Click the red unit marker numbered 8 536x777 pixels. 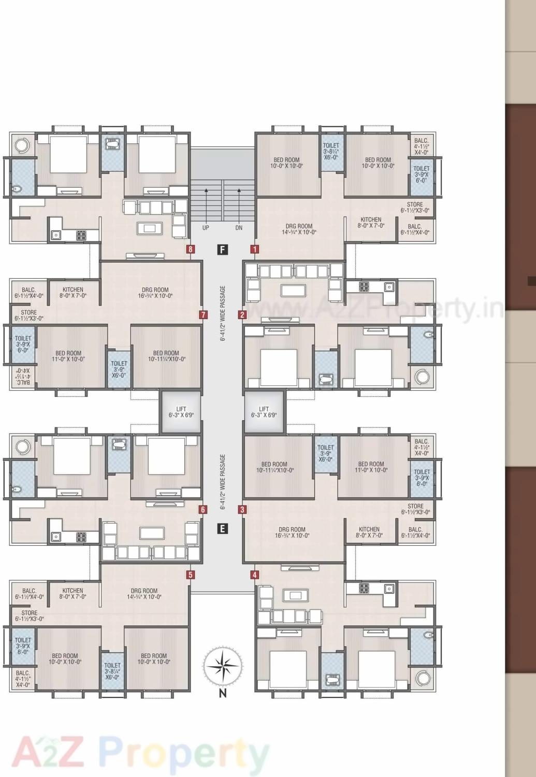(x=191, y=249)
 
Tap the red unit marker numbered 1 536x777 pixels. (x=254, y=249)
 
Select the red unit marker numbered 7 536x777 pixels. (x=204, y=315)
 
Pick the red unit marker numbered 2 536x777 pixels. (x=242, y=315)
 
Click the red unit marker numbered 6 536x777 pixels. (x=203, y=510)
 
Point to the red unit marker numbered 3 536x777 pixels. (x=242, y=510)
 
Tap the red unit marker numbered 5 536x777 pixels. (x=191, y=575)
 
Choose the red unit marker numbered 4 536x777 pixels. (x=254, y=575)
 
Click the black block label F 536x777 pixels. (x=223, y=250)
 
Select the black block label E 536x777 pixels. (x=223, y=529)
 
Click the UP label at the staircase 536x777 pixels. (x=206, y=228)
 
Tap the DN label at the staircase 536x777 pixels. (x=239, y=228)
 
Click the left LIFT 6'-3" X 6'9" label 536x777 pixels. (x=181, y=412)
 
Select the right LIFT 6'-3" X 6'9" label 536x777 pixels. (x=264, y=412)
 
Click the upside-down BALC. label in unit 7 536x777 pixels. (x=22, y=375)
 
